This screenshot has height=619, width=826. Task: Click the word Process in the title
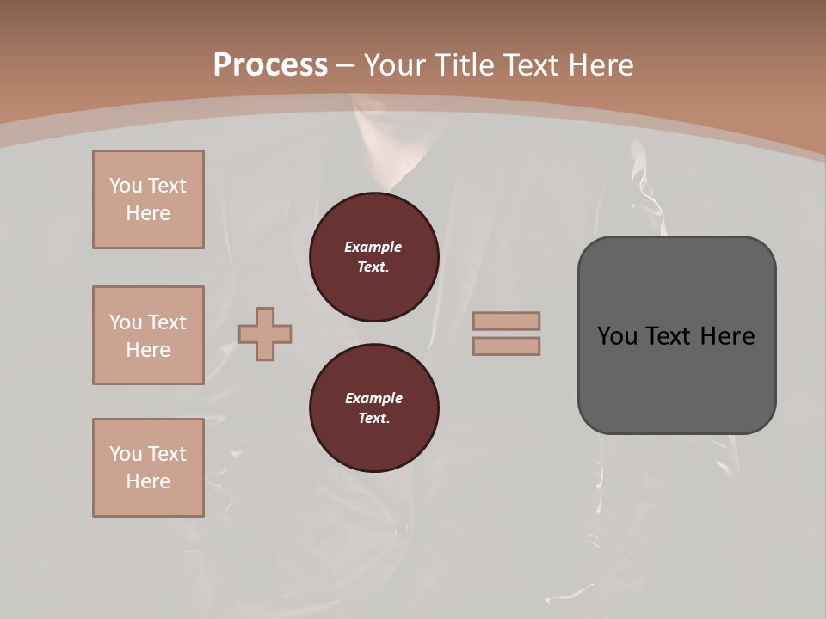270,64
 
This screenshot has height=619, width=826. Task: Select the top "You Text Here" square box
148,199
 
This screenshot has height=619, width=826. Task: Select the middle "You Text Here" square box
148,335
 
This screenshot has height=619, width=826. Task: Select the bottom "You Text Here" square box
148,468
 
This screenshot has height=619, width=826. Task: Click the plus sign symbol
265,334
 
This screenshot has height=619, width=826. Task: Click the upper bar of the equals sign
506,321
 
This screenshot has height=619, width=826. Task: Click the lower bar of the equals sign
506,346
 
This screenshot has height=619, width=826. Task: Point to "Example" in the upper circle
373,247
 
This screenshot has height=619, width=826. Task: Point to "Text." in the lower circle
373,418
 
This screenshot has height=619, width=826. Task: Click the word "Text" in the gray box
669,335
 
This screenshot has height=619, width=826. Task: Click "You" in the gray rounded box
617,335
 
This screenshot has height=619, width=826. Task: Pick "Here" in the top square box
148,213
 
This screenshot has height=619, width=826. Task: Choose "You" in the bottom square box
126,454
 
